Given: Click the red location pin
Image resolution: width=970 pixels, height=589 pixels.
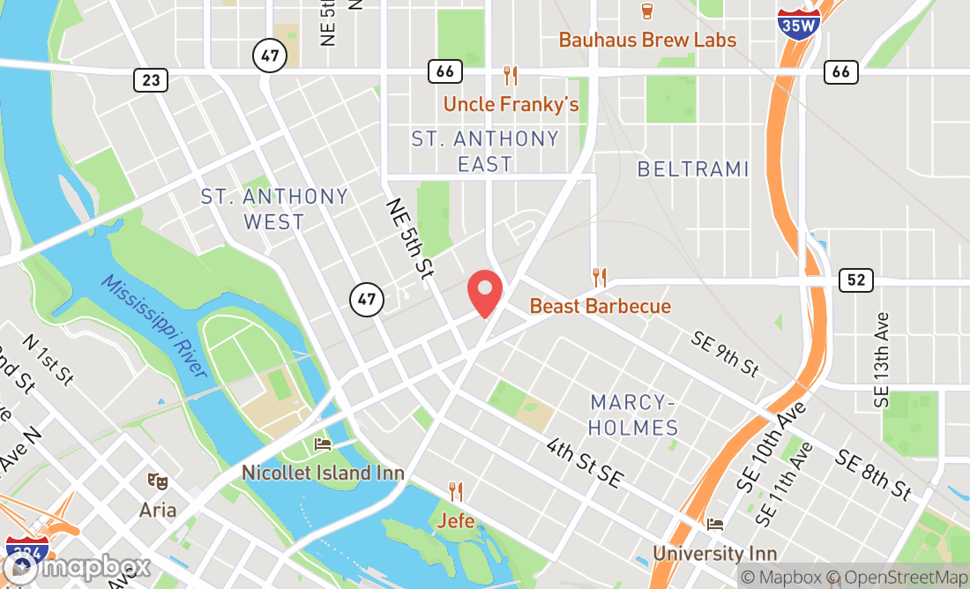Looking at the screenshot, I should (484, 294).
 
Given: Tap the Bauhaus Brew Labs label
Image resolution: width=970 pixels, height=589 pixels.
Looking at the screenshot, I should (647, 40).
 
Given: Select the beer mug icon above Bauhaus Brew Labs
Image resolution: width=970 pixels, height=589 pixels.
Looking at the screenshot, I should (647, 11).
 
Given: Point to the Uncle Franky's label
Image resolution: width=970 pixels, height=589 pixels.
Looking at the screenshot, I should (511, 104).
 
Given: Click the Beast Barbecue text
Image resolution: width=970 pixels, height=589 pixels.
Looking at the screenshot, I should (600, 307).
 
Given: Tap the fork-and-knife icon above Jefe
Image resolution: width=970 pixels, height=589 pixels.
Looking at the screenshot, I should (455, 490).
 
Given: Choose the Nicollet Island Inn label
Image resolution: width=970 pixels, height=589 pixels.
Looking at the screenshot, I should (323, 473).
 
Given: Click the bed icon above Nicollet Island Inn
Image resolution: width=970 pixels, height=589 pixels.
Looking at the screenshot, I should (323, 444).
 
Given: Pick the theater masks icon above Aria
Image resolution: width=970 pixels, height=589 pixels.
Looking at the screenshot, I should (158, 481).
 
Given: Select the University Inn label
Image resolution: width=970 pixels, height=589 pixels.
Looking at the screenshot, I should (714, 554).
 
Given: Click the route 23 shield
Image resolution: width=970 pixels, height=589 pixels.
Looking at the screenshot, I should (151, 80).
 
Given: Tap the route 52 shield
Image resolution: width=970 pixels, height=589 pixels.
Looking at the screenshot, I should (855, 280).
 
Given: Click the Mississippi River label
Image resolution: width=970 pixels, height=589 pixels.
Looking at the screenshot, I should (153, 326).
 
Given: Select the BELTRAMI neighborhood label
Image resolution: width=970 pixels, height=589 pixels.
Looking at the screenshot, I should (693, 169).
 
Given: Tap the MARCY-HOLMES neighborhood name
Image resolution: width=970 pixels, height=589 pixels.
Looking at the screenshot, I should (634, 415).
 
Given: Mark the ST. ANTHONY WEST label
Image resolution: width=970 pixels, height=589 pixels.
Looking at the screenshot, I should (274, 209).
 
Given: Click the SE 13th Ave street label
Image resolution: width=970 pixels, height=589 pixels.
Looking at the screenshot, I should (883, 359).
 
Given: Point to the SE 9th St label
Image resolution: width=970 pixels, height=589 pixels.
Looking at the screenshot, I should (725, 354).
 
